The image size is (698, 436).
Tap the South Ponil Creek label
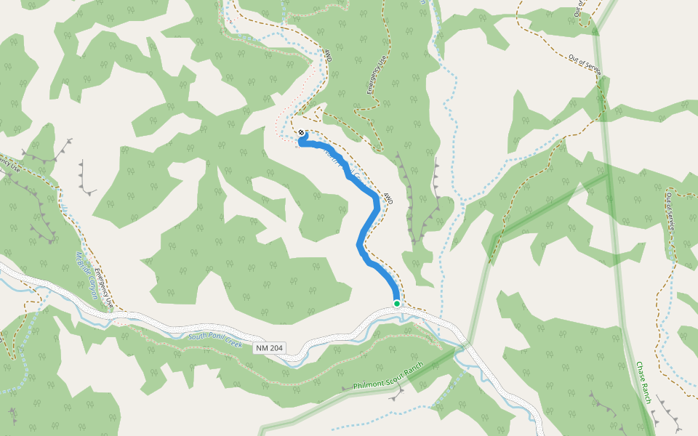pos(214,338)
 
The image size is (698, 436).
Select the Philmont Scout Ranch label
pos(388,377)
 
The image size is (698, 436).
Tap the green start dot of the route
pos(397,303)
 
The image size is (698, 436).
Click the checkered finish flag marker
pos(302,132)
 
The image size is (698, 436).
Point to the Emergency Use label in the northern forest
pos(374,76)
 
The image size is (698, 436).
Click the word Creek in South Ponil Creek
pos(231,342)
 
